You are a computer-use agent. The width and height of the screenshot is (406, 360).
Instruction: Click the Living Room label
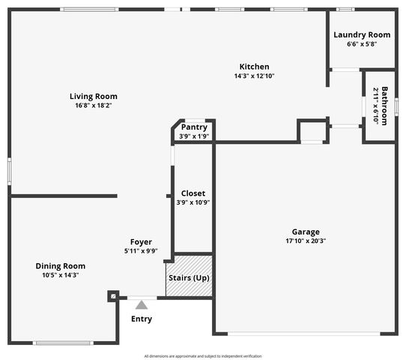[x=94, y=96]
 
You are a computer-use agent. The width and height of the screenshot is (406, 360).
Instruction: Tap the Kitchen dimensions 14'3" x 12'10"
[x=254, y=76]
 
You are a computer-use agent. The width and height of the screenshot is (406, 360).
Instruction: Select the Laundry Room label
[x=362, y=34]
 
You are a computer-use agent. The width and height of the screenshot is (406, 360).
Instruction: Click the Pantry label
[x=194, y=127]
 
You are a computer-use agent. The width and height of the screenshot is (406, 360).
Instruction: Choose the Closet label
[x=193, y=193]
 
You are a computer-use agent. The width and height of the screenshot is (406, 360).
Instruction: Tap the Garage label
[x=306, y=232]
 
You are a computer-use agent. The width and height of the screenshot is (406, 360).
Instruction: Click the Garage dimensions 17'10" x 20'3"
[x=306, y=241]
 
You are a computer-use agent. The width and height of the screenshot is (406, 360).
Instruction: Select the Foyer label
[x=141, y=242]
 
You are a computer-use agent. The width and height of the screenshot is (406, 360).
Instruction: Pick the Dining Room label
[x=61, y=266]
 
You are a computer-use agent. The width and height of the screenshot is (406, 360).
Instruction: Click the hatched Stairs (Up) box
[x=189, y=277]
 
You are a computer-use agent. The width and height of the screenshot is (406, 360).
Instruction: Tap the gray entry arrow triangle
[x=141, y=304]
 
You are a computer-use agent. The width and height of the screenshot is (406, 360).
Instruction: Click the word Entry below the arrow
[x=142, y=319]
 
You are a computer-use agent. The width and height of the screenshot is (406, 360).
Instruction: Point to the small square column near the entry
[x=112, y=296]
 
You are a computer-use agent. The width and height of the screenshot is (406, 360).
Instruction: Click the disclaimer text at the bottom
[x=203, y=355]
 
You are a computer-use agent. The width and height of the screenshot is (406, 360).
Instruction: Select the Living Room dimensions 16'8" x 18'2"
[x=94, y=106]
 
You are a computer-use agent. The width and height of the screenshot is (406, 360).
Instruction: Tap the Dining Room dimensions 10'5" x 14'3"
[x=61, y=275]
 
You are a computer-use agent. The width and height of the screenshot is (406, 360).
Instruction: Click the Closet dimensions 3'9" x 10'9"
[x=193, y=202]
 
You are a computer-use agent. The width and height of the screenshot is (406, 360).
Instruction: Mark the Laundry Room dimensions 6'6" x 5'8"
[x=362, y=43]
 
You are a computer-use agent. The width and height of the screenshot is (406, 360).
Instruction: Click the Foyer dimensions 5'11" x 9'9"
[x=141, y=251]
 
